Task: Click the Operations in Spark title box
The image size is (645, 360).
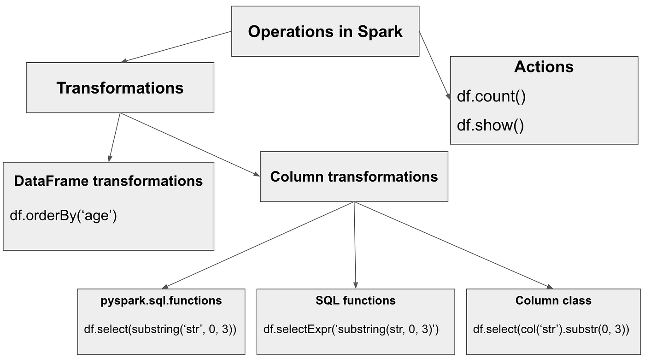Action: (x=325, y=31)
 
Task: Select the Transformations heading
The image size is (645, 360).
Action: (x=120, y=88)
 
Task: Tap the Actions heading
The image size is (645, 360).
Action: (x=544, y=67)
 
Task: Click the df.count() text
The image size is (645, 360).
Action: (x=491, y=97)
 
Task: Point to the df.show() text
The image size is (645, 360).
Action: (x=490, y=125)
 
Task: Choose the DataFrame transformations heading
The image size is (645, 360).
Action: (x=108, y=181)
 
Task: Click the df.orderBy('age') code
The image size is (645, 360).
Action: (x=63, y=215)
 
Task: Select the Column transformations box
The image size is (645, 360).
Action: (x=354, y=177)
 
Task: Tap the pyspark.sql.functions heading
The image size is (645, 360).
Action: (x=161, y=301)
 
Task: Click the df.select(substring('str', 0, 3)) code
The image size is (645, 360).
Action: (x=160, y=329)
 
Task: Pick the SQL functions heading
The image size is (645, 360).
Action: (x=355, y=301)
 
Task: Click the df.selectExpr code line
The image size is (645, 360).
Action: (x=351, y=329)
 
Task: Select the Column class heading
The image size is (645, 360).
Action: (x=553, y=301)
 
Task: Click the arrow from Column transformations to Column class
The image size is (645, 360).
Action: (x=453, y=245)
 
